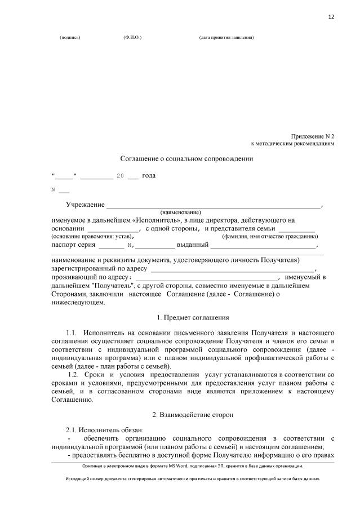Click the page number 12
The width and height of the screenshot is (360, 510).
click(x=331, y=17)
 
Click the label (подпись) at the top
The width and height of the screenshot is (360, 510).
click(x=70, y=38)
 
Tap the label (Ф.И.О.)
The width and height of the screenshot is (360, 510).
click(x=132, y=38)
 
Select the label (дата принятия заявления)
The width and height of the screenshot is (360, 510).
click(x=226, y=38)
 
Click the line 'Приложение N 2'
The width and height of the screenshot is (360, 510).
click(x=313, y=137)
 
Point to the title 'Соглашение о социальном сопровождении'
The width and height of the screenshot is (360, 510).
click(x=187, y=159)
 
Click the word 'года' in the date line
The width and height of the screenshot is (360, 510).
click(x=149, y=176)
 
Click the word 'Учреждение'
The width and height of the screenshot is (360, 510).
click(x=85, y=205)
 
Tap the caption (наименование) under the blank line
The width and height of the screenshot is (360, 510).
click(x=180, y=212)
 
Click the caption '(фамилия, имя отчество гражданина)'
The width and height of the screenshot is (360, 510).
click(x=270, y=237)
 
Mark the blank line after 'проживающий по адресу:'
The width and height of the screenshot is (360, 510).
click(x=207, y=278)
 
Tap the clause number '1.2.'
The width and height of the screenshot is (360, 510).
click(x=73, y=375)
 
